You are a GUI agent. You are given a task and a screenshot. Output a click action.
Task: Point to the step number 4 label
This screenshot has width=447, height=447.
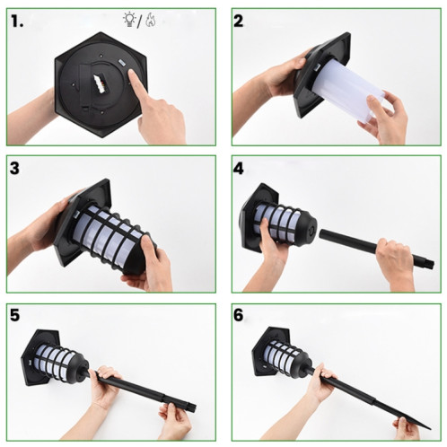[x=241, y=168]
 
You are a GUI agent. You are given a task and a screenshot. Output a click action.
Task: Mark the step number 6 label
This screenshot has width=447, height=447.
[x=241, y=316]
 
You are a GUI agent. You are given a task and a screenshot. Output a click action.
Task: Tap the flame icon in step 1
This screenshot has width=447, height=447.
[x=150, y=17]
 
